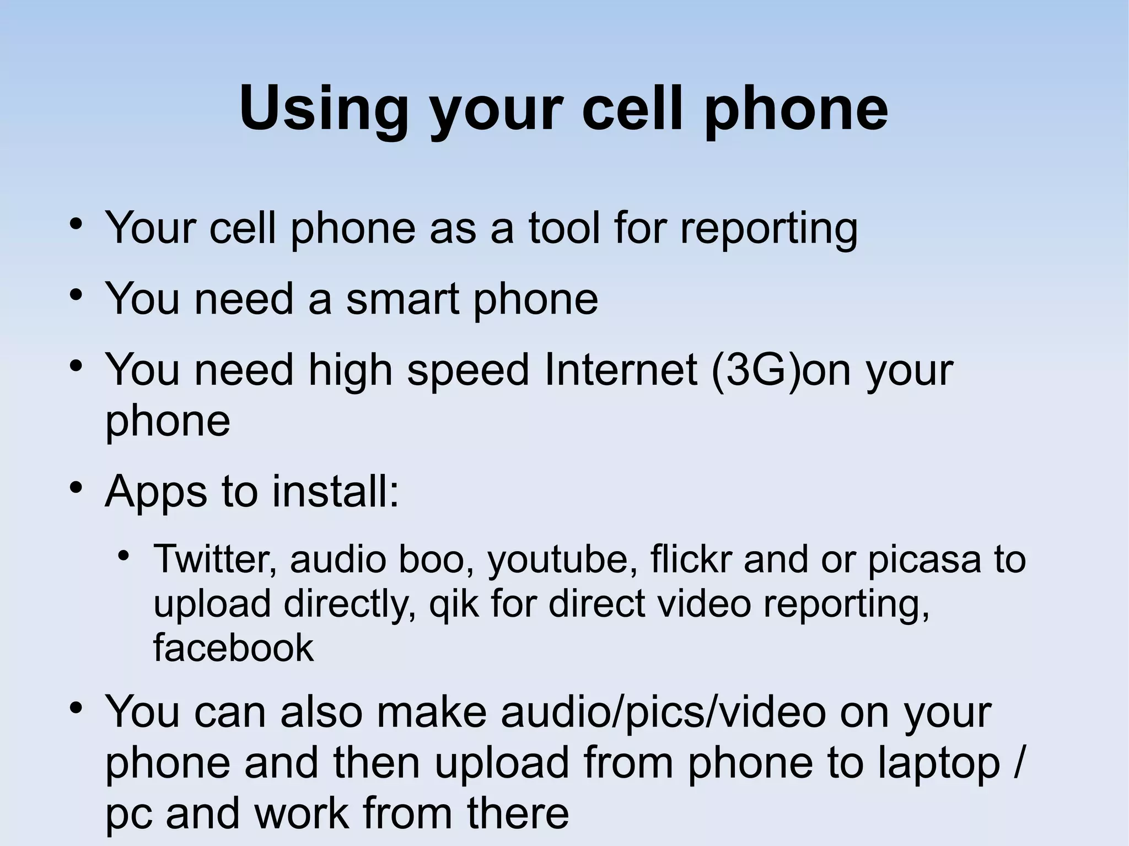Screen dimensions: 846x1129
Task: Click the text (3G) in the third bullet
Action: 755,370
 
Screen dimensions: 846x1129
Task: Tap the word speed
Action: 468,370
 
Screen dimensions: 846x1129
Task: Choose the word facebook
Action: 233,648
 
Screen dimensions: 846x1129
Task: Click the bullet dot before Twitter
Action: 125,554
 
